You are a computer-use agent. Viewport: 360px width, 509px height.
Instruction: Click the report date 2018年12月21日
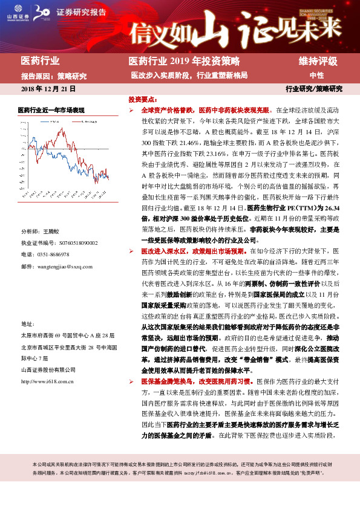[48, 89]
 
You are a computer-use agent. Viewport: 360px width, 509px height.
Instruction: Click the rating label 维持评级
[318, 62]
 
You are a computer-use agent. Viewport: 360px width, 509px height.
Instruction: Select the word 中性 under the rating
[317, 76]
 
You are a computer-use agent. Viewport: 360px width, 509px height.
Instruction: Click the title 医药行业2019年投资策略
[185, 62]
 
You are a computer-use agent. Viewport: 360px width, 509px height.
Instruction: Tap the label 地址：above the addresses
[28, 324]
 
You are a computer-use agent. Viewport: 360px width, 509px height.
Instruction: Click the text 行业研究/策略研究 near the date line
[313, 89]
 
